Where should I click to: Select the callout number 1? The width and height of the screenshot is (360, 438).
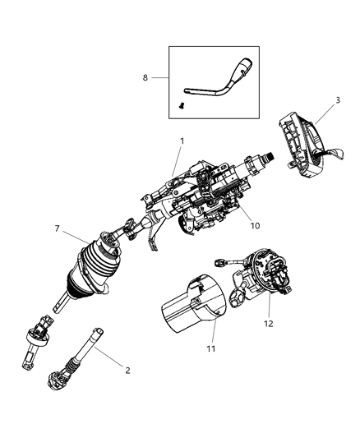click(x=182, y=141)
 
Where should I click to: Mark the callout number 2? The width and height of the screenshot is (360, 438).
click(x=127, y=371)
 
